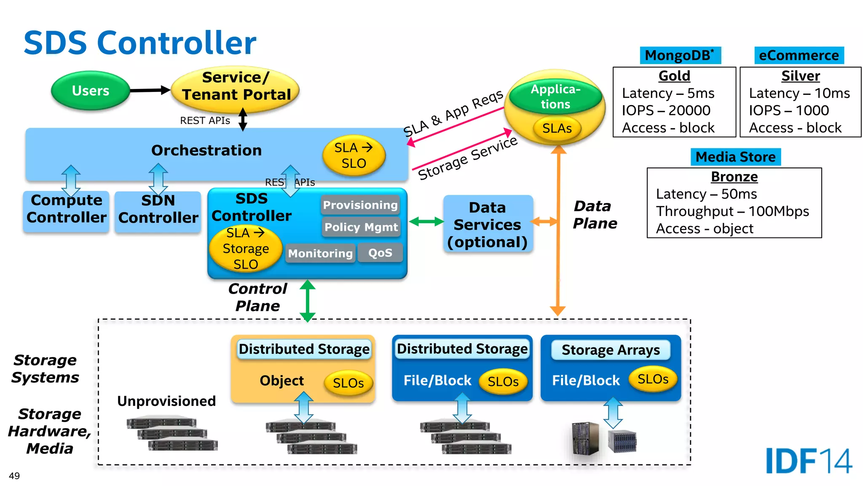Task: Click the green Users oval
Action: pyautogui.click(x=90, y=90)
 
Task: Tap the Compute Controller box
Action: pyautogui.click(x=66, y=210)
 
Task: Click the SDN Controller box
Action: pyautogui.click(x=158, y=210)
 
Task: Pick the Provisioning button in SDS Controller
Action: pyautogui.click(x=360, y=205)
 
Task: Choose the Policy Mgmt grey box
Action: pyautogui.click(x=361, y=227)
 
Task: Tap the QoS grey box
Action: pyautogui.click(x=380, y=253)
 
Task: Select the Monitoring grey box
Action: pyautogui.click(x=320, y=253)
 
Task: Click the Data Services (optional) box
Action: pyautogui.click(x=488, y=224)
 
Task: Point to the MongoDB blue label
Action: pyautogui.click(x=680, y=55)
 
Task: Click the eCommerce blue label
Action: pyautogui.click(x=799, y=55)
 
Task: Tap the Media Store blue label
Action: pyautogui.click(x=735, y=157)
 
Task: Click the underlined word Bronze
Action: pyautogui.click(x=734, y=176)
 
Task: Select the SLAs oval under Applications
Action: pyautogui.click(x=557, y=128)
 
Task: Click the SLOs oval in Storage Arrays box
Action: pyautogui.click(x=653, y=379)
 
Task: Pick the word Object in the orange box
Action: pyautogui.click(x=281, y=381)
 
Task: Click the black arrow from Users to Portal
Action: pyautogui.click(x=150, y=90)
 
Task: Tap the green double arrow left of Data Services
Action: pyautogui.click(x=426, y=221)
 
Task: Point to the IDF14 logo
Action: pyautogui.click(x=808, y=461)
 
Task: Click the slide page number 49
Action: pyautogui.click(x=14, y=476)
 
